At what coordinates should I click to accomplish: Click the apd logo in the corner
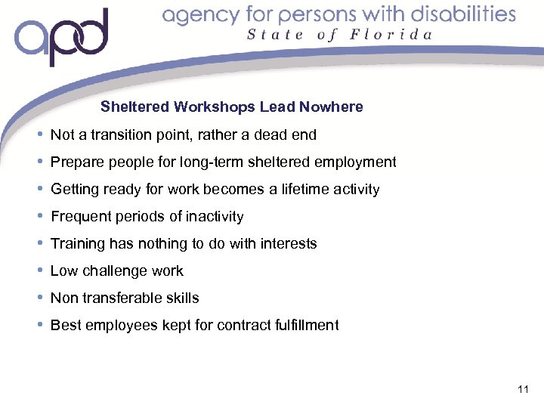(x=62, y=38)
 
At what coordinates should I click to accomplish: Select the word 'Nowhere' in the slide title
(x=331, y=107)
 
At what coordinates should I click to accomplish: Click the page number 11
(x=523, y=389)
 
